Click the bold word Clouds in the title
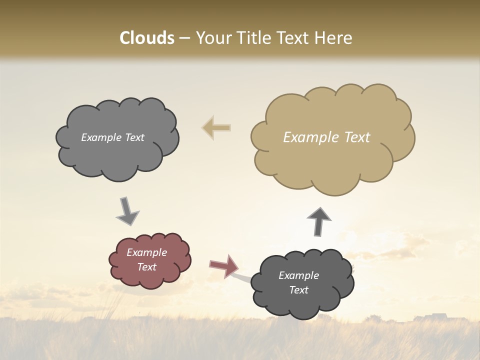(x=147, y=38)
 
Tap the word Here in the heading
(x=333, y=38)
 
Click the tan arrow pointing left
(x=216, y=128)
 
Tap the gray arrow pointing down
(x=127, y=211)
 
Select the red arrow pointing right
(x=223, y=266)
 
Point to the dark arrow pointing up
(x=319, y=221)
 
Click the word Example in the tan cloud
(x=310, y=137)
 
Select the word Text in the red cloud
(x=147, y=267)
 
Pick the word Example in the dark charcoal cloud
(x=298, y=275)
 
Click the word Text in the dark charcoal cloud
(x=298, y=290)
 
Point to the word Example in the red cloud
(x=147, y=252)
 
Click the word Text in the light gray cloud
(x=134, y=137)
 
